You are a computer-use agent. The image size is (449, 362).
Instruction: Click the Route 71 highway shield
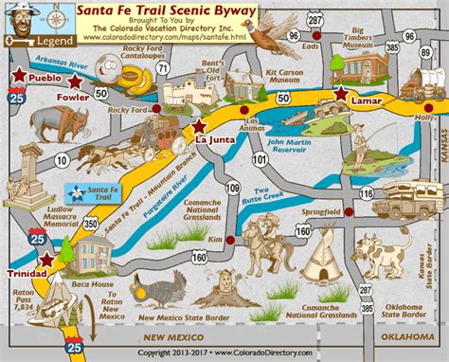coord(162,68)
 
